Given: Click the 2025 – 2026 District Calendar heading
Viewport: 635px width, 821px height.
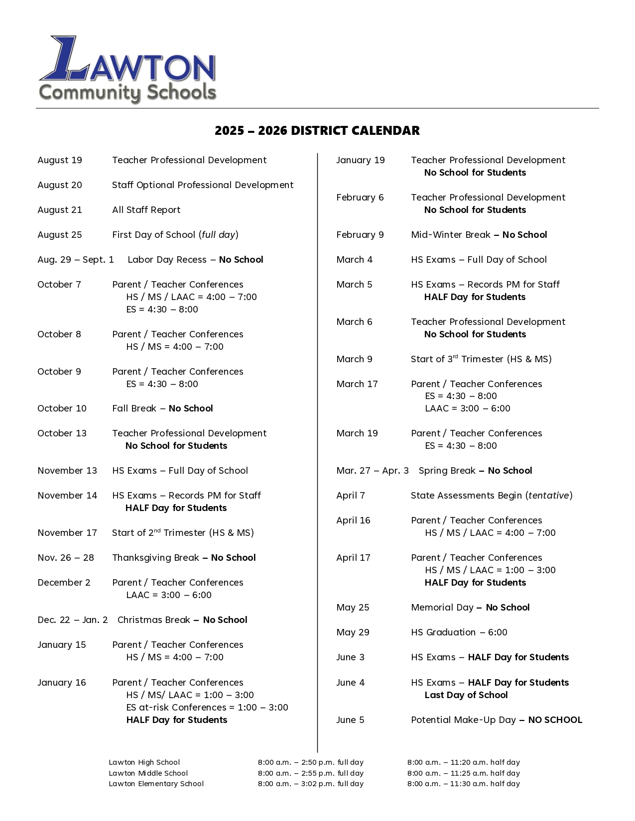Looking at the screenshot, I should tap(317, 131).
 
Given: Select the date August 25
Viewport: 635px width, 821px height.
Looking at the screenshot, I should tap(60, 235).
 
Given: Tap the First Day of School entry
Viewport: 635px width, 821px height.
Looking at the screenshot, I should tap(175, 235).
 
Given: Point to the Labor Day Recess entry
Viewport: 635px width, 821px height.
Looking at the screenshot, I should tap(195, 260).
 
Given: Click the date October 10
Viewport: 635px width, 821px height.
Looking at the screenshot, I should tap(62, 409).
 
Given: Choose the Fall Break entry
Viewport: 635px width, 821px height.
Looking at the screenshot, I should tap(162, 409).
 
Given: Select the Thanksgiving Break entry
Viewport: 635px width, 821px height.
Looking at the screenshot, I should tap(184, 558).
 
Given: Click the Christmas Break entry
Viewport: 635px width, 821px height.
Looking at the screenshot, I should tap(182, 620).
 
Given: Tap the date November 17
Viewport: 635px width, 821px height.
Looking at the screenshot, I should tap(67, 533).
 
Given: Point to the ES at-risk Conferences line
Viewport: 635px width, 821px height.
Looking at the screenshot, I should tap(207, 708).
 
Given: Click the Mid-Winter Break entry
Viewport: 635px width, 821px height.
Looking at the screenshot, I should tap(479, 235).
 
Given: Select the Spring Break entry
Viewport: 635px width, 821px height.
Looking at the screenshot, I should tap(475, 471).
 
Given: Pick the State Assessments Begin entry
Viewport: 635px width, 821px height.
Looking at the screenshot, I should tap(492, 496).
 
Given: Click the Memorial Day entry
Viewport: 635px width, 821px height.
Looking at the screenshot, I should tap(470, 608).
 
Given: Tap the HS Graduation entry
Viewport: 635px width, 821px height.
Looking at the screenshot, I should tap(459, 632).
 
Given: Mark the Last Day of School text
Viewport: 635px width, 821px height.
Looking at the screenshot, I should tap(466, 695).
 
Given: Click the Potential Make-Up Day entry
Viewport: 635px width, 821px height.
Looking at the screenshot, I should tap(496, 720).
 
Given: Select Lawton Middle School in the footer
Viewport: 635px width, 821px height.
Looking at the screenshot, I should tap(148, 773).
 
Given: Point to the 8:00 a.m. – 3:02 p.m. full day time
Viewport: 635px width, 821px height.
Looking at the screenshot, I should tap(311, 784).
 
